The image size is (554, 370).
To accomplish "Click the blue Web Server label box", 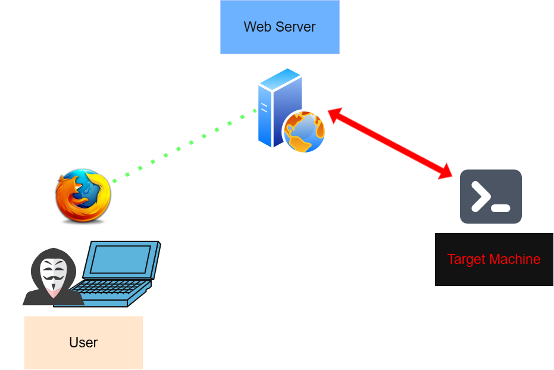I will click(x=280, y=27).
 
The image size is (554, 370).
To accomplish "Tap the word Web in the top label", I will click(x=255, y=27).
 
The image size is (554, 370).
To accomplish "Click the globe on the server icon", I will click(x=304, y=132).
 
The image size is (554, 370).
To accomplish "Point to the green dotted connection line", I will click(x=179, y=148).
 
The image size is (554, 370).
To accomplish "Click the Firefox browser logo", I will click(x=83, y=195).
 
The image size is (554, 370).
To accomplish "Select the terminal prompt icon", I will click(x=490, y=197).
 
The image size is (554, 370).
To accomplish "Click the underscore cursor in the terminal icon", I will click(x=501, y=209).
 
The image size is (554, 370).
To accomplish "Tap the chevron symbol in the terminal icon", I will click(x=481, y=196).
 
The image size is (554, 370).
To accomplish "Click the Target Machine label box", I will click(x=494, y=259).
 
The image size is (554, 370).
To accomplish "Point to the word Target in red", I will click(x=467, y=260).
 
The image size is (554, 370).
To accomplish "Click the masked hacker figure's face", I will click(x=53, y=276).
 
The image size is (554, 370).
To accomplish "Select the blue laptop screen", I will click(x=121, y=260).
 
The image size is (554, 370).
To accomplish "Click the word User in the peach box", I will click(x=83, y=343).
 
